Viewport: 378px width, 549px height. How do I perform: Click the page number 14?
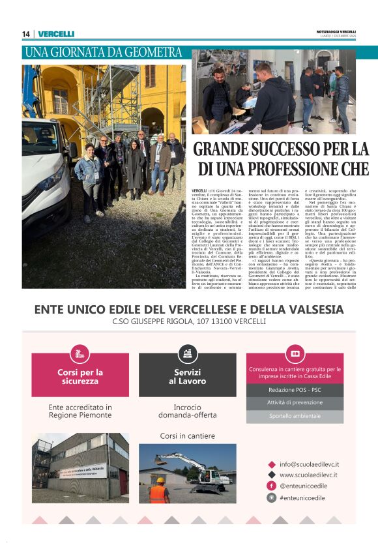pos(26,34)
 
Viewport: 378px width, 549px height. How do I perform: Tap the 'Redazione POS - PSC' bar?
pos(295,389)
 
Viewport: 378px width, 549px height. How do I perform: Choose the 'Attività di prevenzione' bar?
pos(295,403)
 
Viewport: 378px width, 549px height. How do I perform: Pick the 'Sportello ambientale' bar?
pos(295,416)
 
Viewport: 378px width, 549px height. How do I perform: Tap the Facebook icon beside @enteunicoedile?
pos(271,486)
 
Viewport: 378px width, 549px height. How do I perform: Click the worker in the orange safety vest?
pos(158,490)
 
